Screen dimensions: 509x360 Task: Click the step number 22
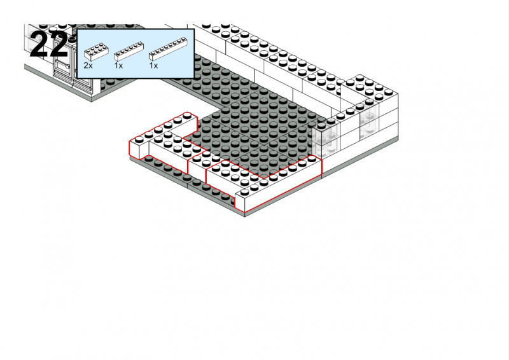pyautogui.click(x=49, y=45)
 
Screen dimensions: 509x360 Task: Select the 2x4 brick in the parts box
pyautogui.click(x=97, y=52)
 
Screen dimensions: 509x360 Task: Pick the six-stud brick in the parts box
pyautogui.click(x=129, y=51)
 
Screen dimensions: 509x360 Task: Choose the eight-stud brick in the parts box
pyautogui.click(x=168, y=49)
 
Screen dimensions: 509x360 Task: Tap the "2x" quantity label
pyautogui.click(x=88, y=66)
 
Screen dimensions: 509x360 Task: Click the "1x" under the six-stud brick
pyautogui.click(x=118, y=66)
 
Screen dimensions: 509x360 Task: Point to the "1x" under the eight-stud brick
pyautogui.click(x=153, y=66)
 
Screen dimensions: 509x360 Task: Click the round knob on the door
pyautogui.click(x=67, y=66)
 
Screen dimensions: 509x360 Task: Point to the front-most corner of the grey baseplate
pyautogui.click(x=245, y=216)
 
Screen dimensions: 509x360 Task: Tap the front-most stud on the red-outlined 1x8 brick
pyautogui.click(x=245, y=192)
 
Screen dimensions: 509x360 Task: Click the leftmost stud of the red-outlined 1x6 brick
pyautogui.click(x=139, y=139)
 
